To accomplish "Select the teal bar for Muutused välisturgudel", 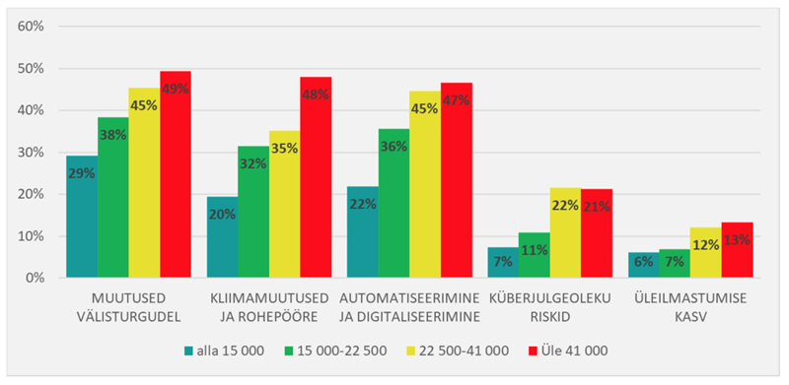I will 82,217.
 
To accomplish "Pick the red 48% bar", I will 316,177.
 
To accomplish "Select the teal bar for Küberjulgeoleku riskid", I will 502,263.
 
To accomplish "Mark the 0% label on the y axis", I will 34,279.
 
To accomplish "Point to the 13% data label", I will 737,242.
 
